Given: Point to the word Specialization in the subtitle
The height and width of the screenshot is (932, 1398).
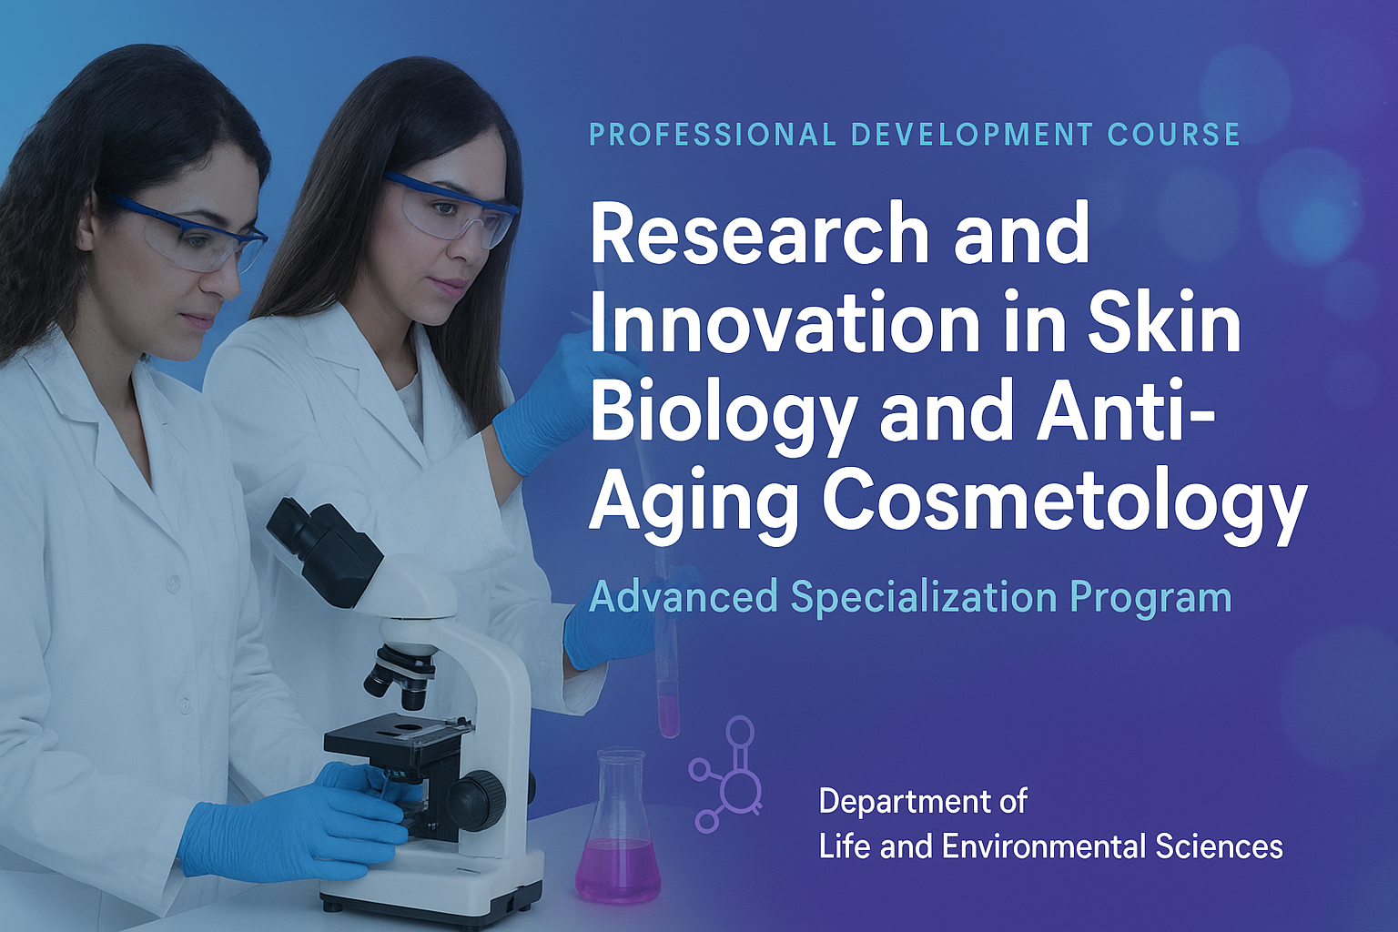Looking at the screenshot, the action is tap(923, 597).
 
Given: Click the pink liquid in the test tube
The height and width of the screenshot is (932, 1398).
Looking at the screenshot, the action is tap(668, 714).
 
